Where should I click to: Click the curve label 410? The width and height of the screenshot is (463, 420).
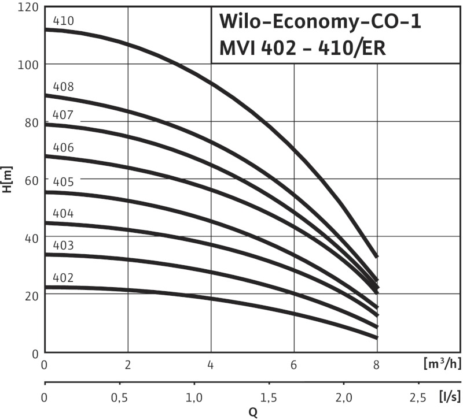coord(63,21)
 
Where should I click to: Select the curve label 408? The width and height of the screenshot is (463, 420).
coord(63,87)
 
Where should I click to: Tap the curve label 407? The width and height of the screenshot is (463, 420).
coord(63,115)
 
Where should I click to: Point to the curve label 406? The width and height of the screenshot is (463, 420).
coord(63,147)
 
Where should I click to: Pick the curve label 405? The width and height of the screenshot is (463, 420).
coord(63,182)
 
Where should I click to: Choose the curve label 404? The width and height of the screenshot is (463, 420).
coord(63,214)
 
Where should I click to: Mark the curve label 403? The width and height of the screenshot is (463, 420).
coord(63,246)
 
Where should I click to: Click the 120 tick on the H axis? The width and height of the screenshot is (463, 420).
coord(27,7)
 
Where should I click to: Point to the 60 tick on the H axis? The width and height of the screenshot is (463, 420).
coord(30,179)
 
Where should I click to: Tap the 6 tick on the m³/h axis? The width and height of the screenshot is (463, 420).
coord(294,366)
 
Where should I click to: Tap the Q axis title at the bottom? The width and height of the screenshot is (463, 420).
coord(253,412)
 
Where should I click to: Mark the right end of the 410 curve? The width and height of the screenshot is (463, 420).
coord(377,256)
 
